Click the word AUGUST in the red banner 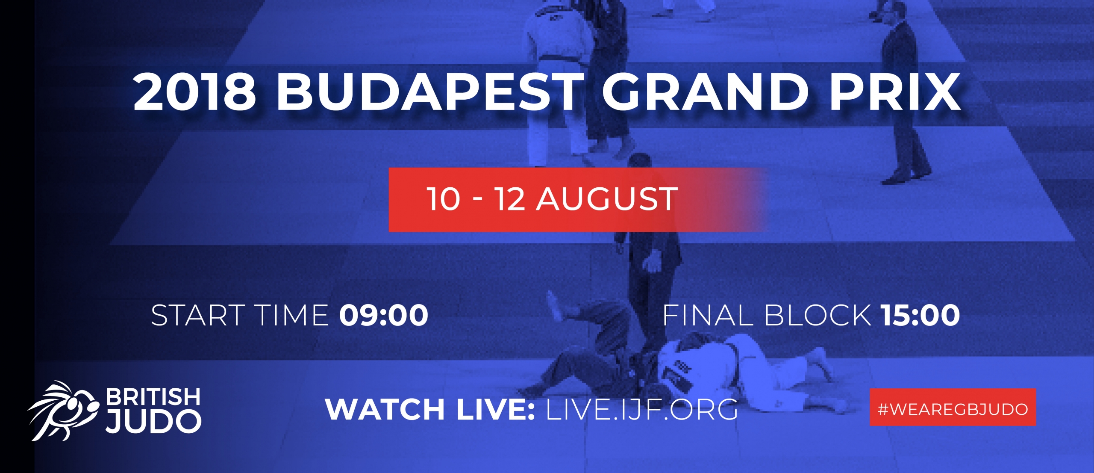(x=607, y=199)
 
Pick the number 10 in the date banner (x=444, y=199)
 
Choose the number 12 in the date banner (x=509, y=199)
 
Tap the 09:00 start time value (x=384, y=315)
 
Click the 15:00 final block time (x=920, y=315)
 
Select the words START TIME (x=240, y=315)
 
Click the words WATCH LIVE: (x=430, y=409)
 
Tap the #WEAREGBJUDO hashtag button (x=953, y=407)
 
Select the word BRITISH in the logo (x=153, y=396)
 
